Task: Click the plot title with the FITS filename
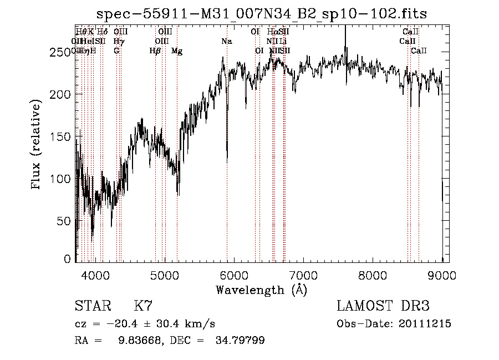click(x=262, y=14)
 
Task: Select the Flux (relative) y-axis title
click(x=37, y=145)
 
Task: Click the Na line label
click(x=226, y=42)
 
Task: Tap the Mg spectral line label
click(x=177, y=51)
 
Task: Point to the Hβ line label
click(x=155, y=51)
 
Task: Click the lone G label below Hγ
click(x=116, y=51)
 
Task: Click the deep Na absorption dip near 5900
click(x=227, y=158)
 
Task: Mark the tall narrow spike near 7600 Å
click(x=345, y=33)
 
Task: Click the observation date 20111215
click(x=424, y=324)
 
